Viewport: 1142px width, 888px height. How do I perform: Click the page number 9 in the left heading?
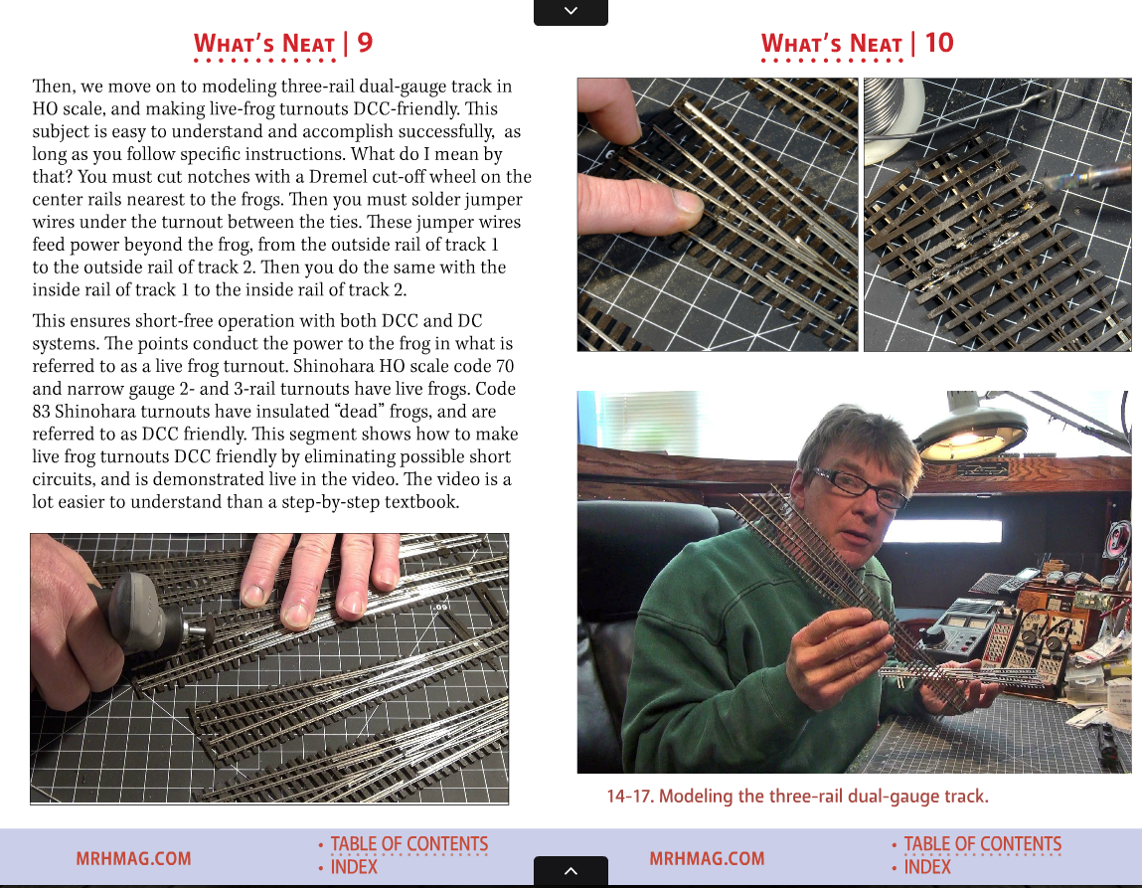click(x=365, y=42)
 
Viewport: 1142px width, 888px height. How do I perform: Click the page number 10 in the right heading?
click(x=939, y=42)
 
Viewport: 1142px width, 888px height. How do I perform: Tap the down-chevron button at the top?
click(x=571, y=12)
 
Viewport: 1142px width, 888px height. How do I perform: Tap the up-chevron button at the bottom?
click(x=571, y=870)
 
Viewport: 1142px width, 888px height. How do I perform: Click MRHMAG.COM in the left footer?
click(x=133, y=858)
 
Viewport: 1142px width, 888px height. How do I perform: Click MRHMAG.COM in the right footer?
click(x=707, y=858)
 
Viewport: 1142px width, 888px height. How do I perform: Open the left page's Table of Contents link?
click(x=409, y=843)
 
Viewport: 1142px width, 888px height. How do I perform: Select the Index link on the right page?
click(x=927, y=867)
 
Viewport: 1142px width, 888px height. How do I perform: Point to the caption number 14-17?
click(x=630, y=797)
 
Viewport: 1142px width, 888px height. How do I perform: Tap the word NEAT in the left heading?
click(x=308, y=44)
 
